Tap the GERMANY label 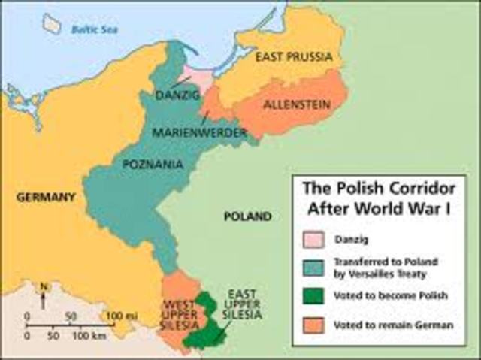tap(45, 197)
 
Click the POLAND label tap(247, 216)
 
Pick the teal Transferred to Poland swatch tap(313, 267)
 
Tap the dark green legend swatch tap(313, 296)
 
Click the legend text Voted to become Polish tap(384, 296)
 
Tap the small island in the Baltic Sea tap(52, 23)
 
